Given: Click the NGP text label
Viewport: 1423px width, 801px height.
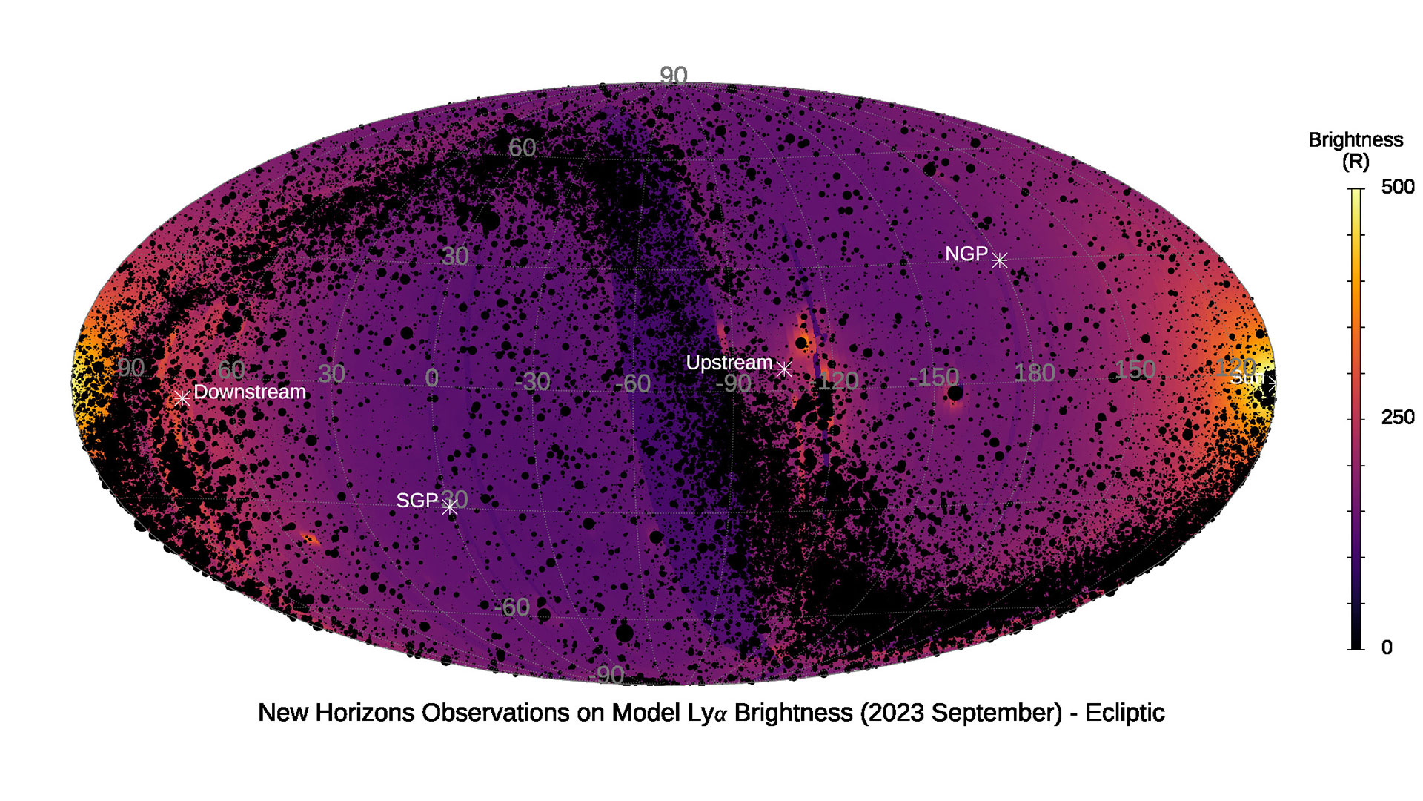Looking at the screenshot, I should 966,254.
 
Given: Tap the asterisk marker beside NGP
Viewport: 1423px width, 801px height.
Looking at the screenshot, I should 999,260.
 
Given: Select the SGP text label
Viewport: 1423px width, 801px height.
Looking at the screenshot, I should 417,501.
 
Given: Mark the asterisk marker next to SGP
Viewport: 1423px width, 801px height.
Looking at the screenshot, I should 449,507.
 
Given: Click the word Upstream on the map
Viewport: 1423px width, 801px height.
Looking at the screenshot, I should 729,363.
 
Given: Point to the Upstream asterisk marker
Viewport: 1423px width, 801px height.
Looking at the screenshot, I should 783,368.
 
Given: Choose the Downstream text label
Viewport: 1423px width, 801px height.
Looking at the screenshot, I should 250,392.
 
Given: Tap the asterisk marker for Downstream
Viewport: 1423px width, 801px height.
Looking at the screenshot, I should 182,398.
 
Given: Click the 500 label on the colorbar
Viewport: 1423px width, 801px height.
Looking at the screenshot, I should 1397,187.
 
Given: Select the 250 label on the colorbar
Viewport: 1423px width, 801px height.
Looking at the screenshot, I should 1397,418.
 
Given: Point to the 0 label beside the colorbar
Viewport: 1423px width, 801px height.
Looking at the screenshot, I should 1387,647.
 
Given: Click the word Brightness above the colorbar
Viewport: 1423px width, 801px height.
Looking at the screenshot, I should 1355,139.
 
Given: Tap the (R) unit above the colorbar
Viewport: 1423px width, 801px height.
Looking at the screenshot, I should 1355,161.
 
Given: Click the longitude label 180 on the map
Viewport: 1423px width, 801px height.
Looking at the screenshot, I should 1034,373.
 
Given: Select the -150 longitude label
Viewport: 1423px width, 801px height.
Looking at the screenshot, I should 933,377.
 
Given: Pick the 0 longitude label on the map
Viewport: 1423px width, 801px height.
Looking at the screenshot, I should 431,378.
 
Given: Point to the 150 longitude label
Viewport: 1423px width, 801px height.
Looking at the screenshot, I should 1135,369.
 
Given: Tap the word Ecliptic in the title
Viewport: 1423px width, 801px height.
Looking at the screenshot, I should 1124,713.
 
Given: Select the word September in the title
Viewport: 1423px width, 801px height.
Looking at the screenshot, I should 996,713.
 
